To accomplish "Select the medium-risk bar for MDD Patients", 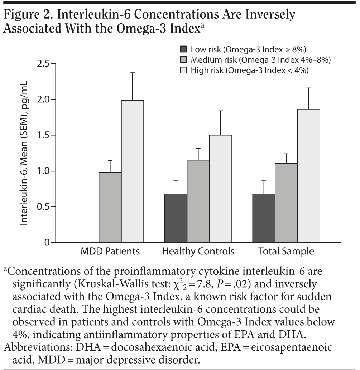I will pos(110,207).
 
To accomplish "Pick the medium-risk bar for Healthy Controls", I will pos(198,201).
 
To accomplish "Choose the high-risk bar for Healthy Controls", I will pos(220,189).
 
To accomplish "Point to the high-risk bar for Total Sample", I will pos(309,176).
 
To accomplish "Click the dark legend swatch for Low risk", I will pos(183,49).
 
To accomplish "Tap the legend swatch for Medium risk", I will pos(183,60).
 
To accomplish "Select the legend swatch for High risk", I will pos(183,70).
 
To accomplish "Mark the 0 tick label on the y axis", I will pos(47,243).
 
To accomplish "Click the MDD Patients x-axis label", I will pos(110,251).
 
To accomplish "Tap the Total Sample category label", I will pos(286,251).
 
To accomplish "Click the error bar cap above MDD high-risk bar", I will pos(132,73).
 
